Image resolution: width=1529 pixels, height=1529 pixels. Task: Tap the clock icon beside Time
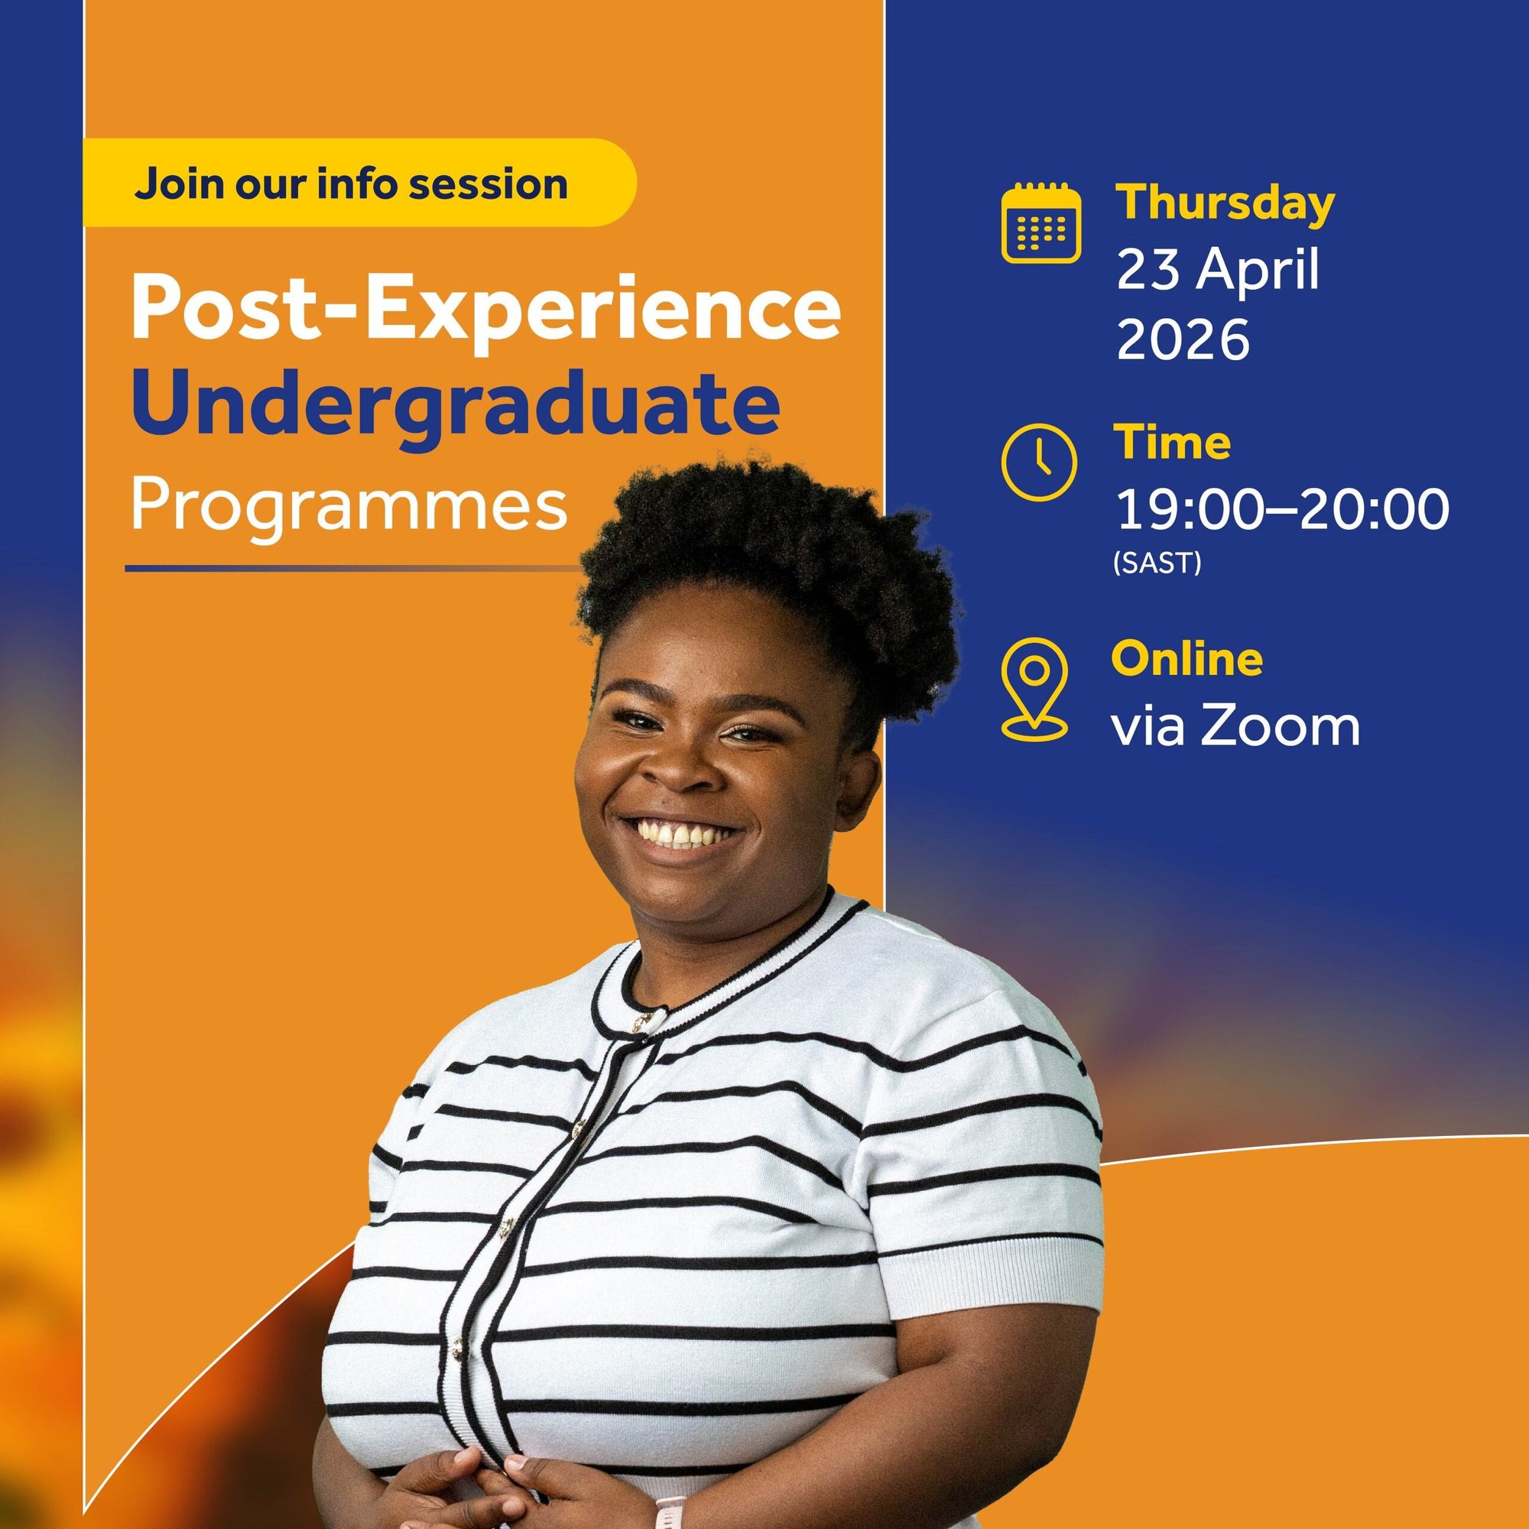point(1039,463)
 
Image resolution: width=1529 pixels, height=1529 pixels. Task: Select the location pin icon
point(1034,690)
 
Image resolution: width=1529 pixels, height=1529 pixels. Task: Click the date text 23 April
point(1218,271)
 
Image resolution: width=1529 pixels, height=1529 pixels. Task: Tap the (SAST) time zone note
point(1157,563)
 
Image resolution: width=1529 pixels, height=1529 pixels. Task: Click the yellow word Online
point(1187,659)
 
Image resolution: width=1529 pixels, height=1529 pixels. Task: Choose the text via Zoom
point(1235,726)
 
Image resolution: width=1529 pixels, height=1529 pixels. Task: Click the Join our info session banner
point(359,183)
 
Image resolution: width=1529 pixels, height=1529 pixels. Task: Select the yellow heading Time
point(1173,443)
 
